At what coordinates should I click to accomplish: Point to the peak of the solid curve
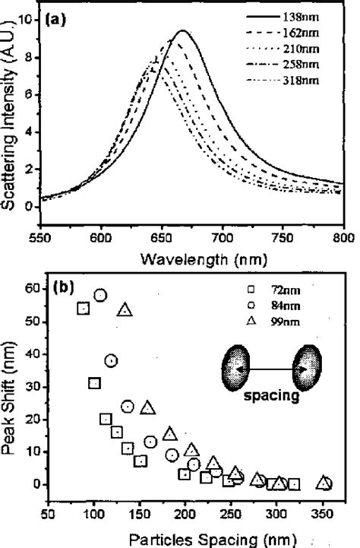click(x=182, y=31)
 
